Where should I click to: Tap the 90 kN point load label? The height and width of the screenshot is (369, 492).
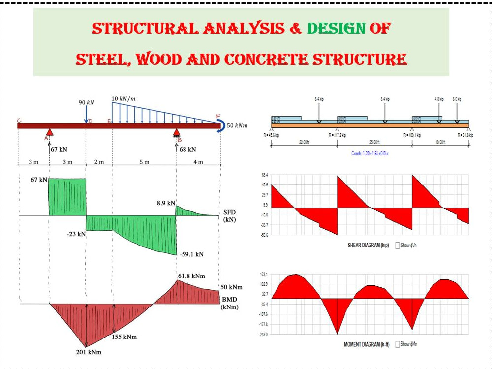point(87,103)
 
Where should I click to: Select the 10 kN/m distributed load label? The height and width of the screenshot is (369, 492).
point(124,98)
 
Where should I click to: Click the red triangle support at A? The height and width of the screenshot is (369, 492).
point(50,132)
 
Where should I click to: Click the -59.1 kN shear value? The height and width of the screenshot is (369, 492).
point(192,254)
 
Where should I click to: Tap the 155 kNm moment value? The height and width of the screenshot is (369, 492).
point(123,337)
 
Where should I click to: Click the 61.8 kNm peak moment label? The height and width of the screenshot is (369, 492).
point(191,276)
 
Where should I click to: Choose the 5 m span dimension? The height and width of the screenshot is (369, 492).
point(144,163)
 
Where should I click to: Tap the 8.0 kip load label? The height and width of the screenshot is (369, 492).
point(457,99)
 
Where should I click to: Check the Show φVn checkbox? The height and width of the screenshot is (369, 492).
point(398,245)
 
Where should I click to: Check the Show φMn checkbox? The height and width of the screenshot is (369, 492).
point(398,344)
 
